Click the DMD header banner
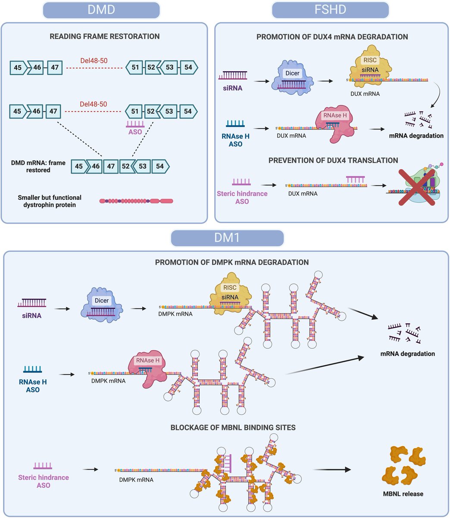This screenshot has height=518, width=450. [101, 10]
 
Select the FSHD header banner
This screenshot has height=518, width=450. [330, 10]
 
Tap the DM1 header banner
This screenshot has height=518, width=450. [227, 238]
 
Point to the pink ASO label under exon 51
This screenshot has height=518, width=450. [135, 132]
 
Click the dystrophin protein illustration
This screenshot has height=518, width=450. [136, 201]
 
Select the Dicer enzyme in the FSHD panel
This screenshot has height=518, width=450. [292, 78]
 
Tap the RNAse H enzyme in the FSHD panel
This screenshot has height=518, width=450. [334, 124]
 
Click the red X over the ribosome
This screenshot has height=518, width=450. [417, 187]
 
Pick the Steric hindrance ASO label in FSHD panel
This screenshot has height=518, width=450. [242, 197]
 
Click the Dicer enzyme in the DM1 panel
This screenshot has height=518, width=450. [102, 305]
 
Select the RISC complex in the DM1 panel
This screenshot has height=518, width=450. [230, 293]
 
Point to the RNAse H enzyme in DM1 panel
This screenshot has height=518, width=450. [147, 369]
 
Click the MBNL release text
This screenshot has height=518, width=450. [403, 494]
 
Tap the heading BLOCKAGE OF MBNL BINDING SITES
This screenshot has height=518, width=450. [233, 428]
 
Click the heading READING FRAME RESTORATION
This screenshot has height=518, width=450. [104, 36]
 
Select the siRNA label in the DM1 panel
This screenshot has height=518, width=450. [31, 316]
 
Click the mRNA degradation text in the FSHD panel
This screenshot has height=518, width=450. [416, 136]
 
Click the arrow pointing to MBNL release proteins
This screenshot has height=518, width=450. [332, 470]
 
